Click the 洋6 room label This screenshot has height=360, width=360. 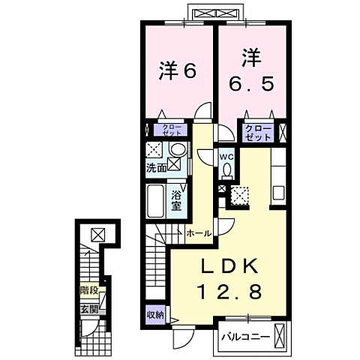(177, 71)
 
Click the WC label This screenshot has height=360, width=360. (226, 156)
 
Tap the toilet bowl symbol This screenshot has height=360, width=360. (226, 169)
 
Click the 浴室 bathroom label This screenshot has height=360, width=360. (177, 200)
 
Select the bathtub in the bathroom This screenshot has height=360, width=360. (156, 200)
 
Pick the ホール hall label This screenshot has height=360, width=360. (197, 233)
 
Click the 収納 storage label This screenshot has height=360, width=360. (155, 315)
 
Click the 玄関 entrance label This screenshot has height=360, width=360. (88, 307)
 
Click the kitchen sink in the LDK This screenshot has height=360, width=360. (278, 191)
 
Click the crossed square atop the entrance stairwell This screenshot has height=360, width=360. (97, 233)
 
